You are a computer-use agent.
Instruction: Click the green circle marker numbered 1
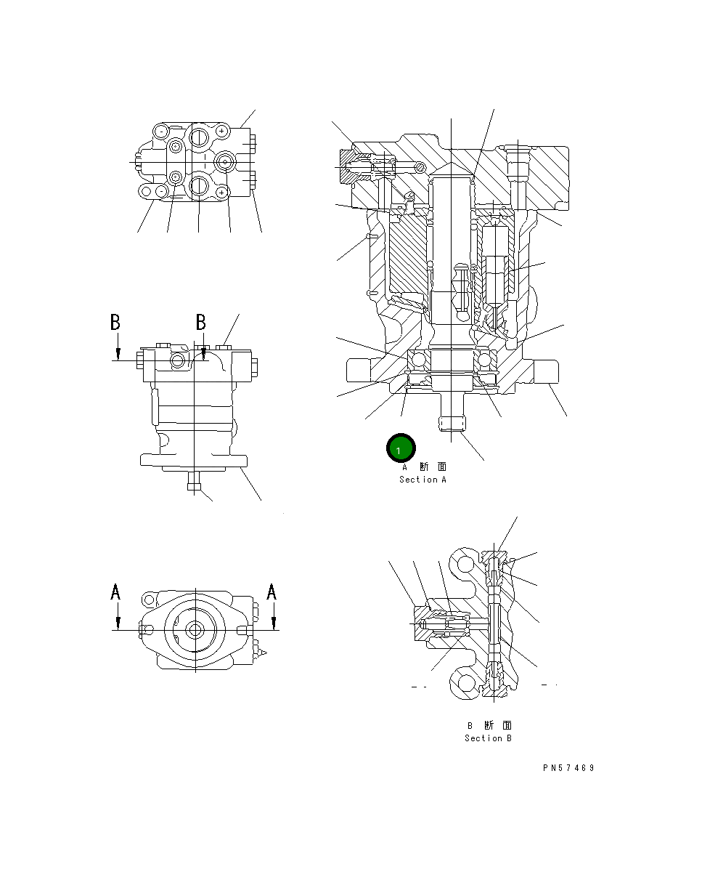pos(400,449)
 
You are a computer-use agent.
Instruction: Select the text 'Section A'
pos(423,480)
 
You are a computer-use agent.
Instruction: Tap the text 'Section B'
pos(488,738)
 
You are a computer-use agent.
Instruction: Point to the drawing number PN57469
pos(568,768)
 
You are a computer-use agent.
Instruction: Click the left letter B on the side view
pos(115,322)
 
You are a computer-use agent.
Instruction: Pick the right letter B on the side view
pos(202,322)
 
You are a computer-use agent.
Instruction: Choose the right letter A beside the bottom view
pos(272,593)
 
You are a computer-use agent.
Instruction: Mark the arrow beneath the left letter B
pos(116,350)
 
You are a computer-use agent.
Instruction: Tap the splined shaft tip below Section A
pos(452,425)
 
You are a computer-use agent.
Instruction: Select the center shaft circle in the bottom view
pos(195,630)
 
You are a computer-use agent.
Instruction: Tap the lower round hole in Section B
pos(463,683)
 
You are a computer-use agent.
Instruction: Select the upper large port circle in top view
pos(198,134)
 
